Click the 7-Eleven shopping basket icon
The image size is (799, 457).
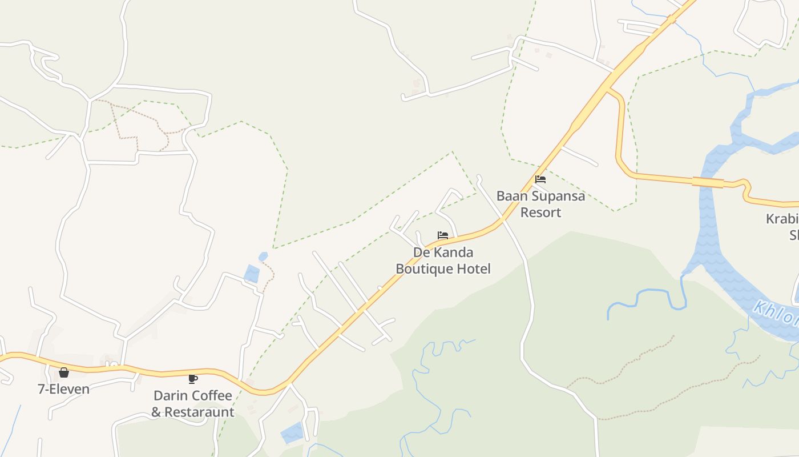[x=64, y=372]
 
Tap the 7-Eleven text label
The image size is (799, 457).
[x=63, y=390]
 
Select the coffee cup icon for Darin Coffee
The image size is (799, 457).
[x=193, y=379]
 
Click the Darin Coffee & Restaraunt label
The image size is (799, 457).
[x=193, y=404]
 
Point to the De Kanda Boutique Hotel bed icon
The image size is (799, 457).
[x=443, y=235]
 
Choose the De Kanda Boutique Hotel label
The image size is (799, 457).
[x=443, y=260]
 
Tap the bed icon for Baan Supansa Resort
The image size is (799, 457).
[x=540, y=179]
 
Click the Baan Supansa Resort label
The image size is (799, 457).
[x=540, y=204]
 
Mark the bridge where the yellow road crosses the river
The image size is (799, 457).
[x=708, y=182]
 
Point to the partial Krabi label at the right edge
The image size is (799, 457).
[x=782, y=219]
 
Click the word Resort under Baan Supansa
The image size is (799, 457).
[x=540, y=213]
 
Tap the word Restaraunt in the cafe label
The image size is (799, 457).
[x=199, y=412]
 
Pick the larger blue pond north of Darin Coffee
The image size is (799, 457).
[x=252, y=274]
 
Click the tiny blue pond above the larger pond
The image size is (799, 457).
[x=263, y=257]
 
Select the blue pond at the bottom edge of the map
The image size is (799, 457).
[x=292, y=432]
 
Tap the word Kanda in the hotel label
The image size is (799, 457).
[x=454, y=252]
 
